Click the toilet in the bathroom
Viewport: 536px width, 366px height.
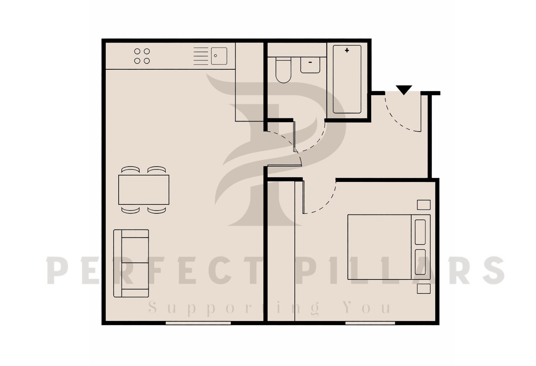coord(283,71)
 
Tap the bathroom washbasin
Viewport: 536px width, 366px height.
coord(310,65)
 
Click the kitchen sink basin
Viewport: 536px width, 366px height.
coord(219,56)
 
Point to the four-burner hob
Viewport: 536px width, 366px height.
coord(142,56)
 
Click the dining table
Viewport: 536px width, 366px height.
coord(144,189)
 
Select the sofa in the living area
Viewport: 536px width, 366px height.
coord(131,263)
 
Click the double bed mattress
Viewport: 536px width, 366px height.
coord(379,247)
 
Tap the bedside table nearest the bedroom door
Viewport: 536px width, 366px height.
coord(424,205)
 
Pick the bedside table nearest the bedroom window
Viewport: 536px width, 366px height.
coord(424,288)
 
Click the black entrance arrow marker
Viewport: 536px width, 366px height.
coord(404,90)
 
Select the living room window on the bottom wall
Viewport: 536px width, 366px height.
coord(198,323)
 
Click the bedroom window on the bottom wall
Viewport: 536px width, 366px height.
coord(370,323)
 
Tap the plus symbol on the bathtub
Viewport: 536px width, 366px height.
coord(347,50)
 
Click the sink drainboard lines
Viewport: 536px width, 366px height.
coord(201,56)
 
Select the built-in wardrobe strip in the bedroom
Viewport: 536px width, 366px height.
coord(281,250)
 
